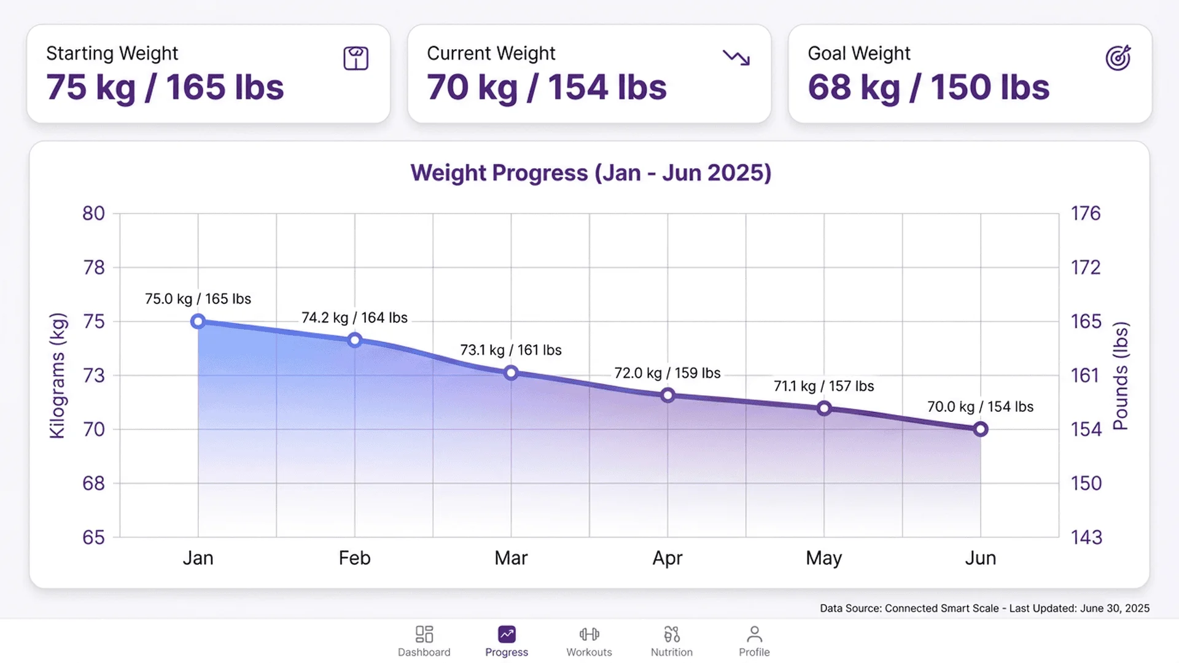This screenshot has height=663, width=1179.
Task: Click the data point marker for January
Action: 198,321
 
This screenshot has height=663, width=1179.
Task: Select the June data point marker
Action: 981,429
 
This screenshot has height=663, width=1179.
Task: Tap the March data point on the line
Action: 511,373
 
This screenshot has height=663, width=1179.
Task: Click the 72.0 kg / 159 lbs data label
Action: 667,373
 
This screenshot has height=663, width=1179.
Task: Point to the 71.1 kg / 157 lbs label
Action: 823,386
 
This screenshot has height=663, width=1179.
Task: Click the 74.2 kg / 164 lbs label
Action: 354,318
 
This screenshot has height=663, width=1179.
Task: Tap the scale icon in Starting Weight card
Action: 356,58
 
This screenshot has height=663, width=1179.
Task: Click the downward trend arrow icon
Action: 736,58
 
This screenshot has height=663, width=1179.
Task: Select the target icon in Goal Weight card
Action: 1118,58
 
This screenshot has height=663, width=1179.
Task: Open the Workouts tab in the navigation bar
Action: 589,642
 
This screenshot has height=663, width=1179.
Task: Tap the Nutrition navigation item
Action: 672,642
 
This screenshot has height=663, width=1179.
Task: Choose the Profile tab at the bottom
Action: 754,642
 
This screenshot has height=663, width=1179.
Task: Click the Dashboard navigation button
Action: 424,642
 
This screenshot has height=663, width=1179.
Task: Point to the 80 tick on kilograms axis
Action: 93,213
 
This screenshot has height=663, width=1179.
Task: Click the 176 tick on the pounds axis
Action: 1086,213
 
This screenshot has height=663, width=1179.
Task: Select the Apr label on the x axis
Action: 667,558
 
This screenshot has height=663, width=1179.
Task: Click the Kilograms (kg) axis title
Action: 57,375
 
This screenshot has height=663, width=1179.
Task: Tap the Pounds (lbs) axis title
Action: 1121,375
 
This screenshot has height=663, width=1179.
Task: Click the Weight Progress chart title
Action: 591,173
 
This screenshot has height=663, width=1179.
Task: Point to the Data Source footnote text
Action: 984,608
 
